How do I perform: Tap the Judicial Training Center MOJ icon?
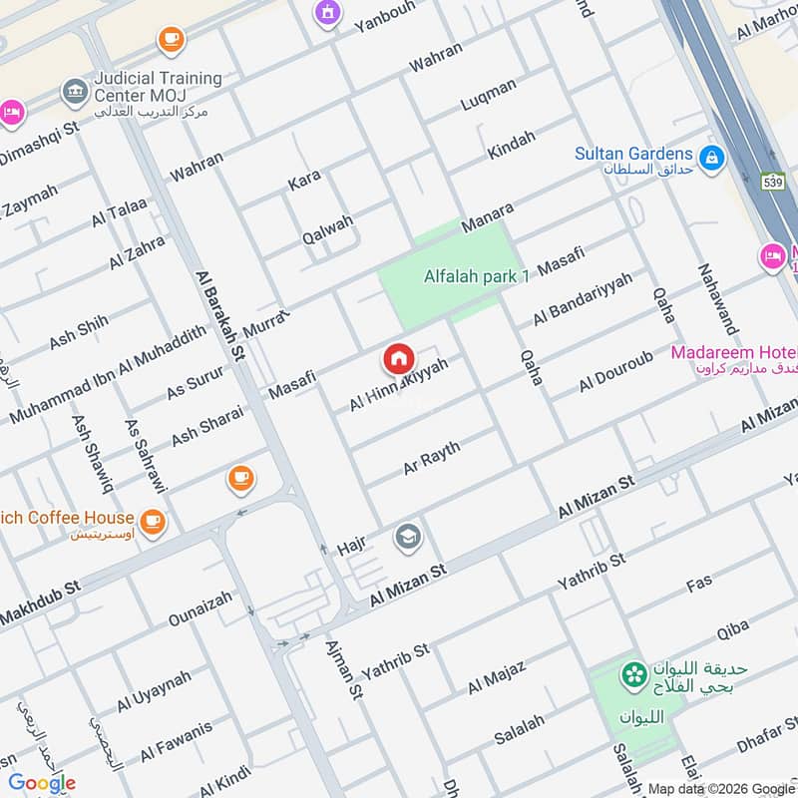click(74, 92)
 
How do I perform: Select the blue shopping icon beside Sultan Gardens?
click(710, 157)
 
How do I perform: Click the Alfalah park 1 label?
click(476, 275)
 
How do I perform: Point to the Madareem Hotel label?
click(733, 353)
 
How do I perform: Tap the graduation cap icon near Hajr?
click(407, 538)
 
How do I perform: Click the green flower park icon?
click(630, 675)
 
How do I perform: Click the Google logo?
click(41, 783)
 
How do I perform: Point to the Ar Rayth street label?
click(432, 458)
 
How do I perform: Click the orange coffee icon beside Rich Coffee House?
click(153, 521)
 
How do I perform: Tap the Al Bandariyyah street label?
click(583, 298)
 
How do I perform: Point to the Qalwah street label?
click(328, 230)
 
